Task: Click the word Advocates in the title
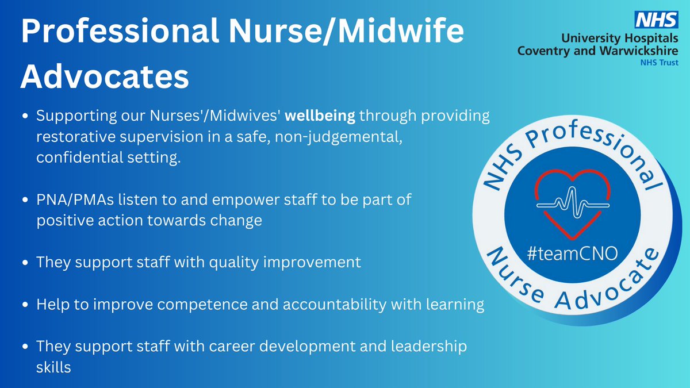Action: pos(105,77)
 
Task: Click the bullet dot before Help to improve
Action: pos(25,305)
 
